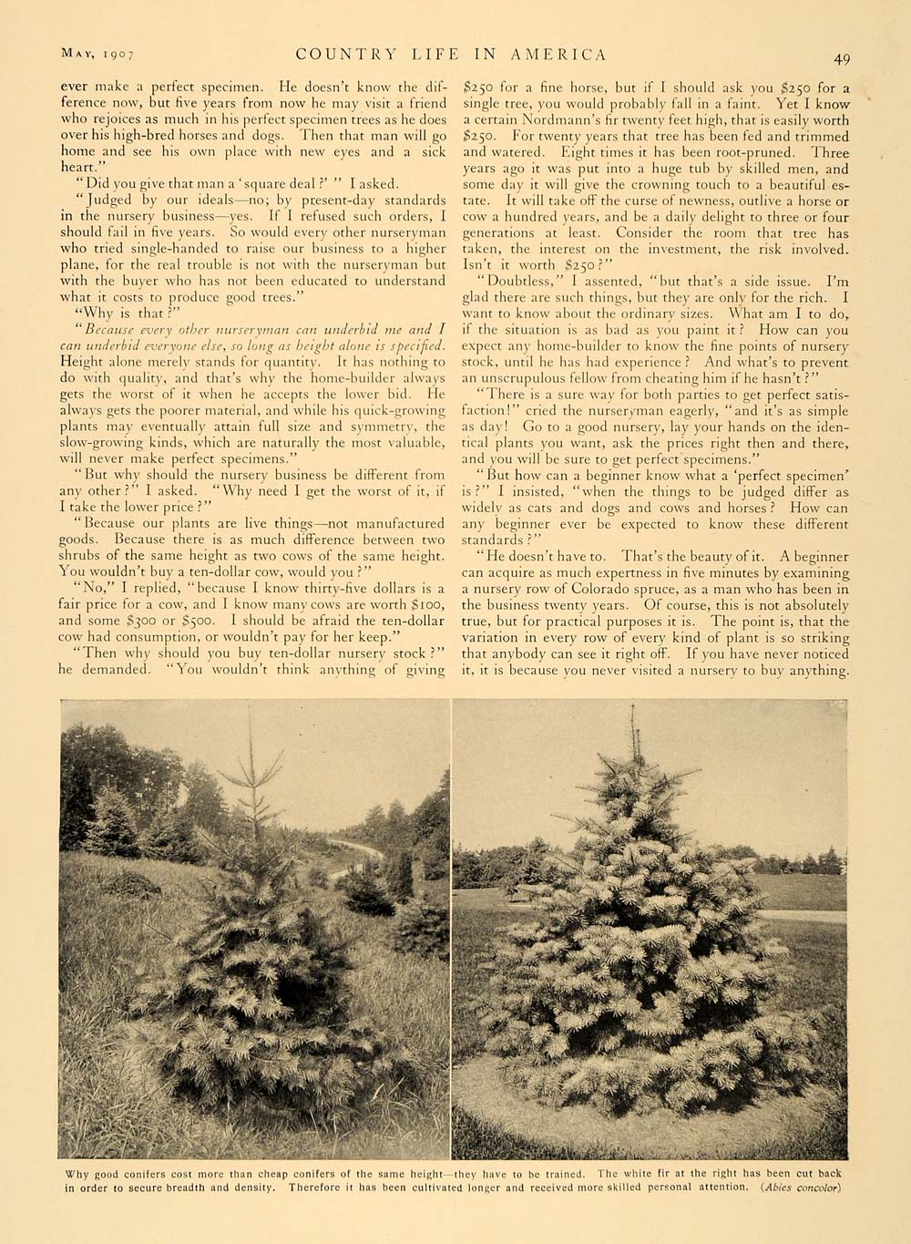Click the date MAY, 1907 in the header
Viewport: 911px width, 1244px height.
97,55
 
